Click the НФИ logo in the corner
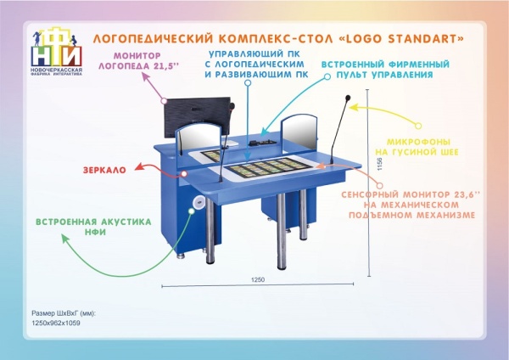tap(55, 50)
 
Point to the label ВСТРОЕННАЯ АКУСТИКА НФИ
tap(93, 227)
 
